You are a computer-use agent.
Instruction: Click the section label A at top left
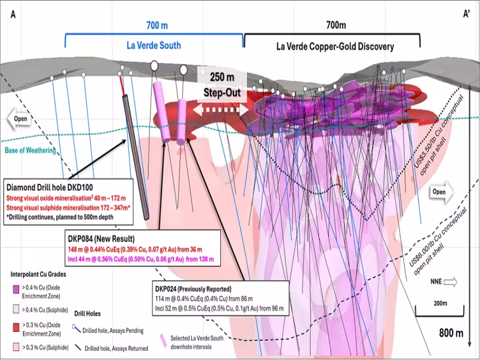tap(13, 14)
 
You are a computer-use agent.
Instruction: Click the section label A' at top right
tap(466, 14)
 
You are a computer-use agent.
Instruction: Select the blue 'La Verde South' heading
tap(154, 46)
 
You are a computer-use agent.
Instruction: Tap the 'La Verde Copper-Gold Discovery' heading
tap(335, 47)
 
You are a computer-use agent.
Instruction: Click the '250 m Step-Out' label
tap(222, 85)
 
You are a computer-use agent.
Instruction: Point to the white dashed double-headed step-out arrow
tap(221, 110)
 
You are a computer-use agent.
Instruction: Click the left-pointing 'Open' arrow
tap(19, 119)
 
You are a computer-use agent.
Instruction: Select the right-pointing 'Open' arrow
tap(442, 192)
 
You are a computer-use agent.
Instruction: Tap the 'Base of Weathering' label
tap(31, 151)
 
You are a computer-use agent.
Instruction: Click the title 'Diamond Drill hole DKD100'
tap(50, 187)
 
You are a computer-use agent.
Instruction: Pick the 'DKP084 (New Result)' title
tap(101, 238)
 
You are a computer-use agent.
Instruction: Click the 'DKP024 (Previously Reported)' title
tap(193, 289)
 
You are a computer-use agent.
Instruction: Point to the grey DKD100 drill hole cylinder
tap(136, 157)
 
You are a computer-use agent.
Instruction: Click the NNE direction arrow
tap(451, 282)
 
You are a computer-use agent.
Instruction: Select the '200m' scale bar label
tap(440, 303)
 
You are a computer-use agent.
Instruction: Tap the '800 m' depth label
tap(451, 333)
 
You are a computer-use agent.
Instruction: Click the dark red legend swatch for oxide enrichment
tap(16, 328)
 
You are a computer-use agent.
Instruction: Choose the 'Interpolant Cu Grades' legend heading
tap(38, 274)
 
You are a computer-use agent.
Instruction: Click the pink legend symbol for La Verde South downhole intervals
tap(164, 340)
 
